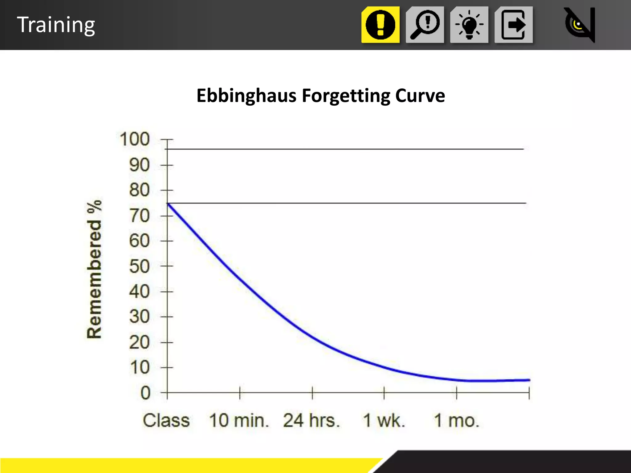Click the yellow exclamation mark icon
(381, 25)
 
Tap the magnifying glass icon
(425, 25)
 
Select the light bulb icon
(469, 25)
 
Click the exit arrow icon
(513, 25)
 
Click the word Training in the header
(56, 25)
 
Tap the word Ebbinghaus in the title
(246, 95)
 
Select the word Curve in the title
(420, 95)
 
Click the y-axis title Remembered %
(94, 269)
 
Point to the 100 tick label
(135, 139)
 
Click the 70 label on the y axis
(139, 216)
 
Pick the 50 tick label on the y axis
(139, 266)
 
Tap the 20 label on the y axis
(139, 342)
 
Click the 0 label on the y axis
(145, 393)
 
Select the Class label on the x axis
(166, 420)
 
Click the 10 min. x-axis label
(239, 420)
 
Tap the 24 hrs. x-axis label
(311, 420)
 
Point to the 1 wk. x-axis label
(384, 420)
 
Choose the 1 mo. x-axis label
(457, 420)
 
